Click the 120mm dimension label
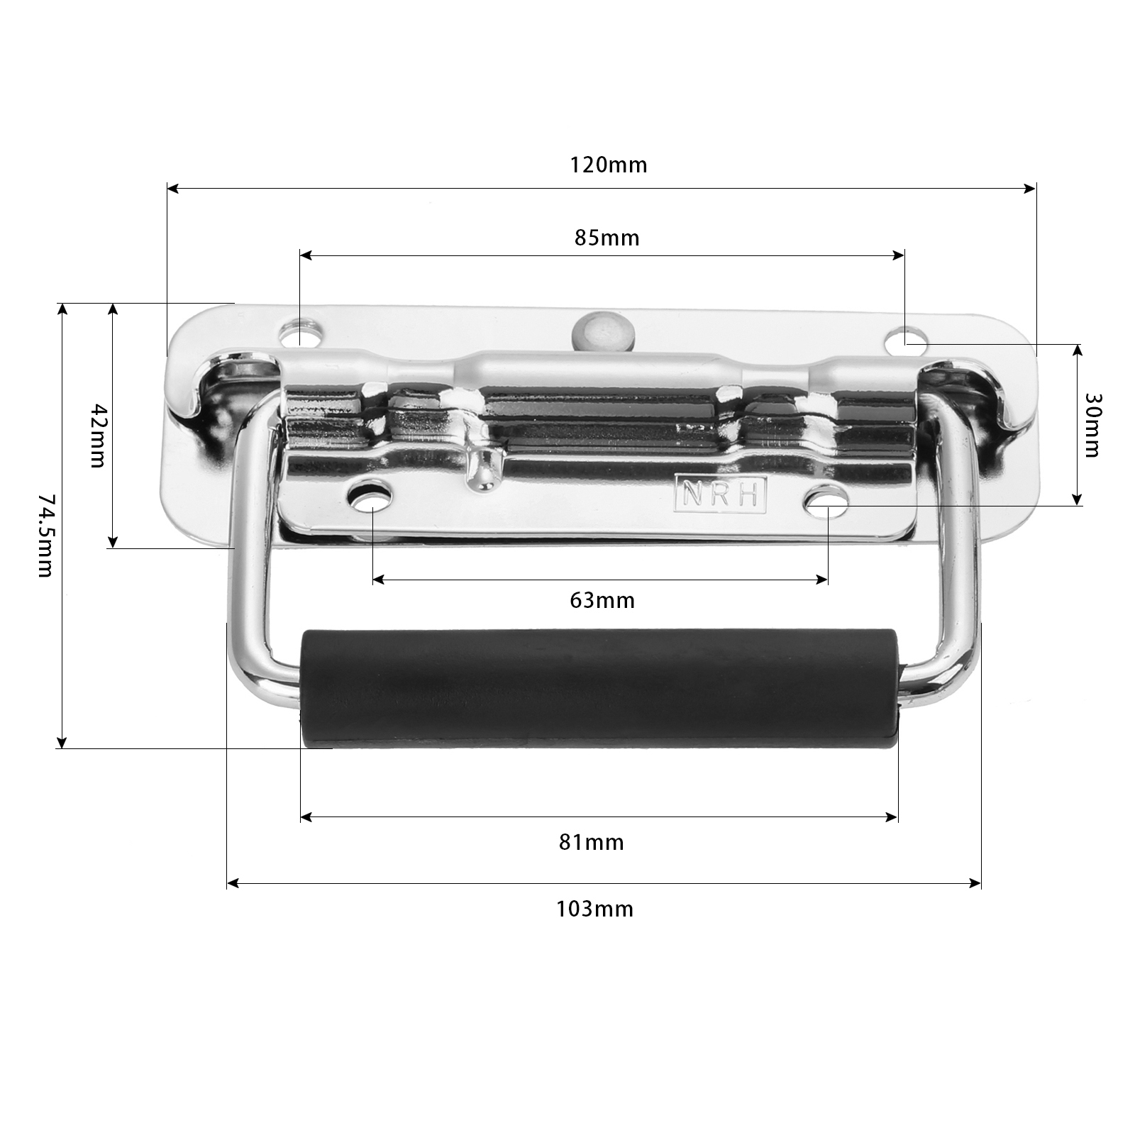coord(609,165)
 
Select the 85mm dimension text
coord(607,238)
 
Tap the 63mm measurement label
coord(602,601)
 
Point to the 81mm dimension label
coord(591,843)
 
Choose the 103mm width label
coord(594,909)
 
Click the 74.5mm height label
coord(45,526)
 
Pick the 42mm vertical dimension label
coord(97,436)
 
